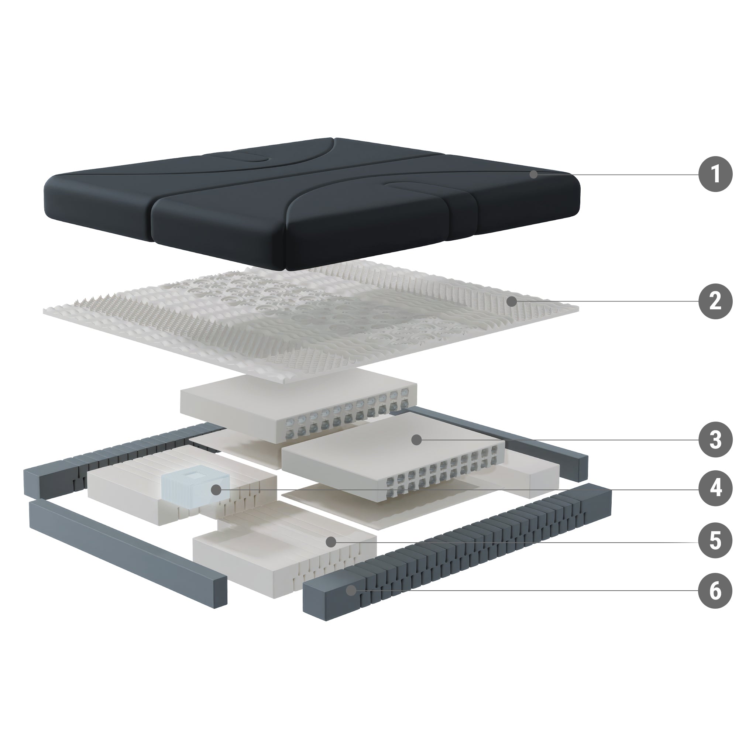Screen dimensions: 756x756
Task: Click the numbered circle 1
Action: (x=715, y=174)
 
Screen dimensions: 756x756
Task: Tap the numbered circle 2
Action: (x=715, y=301)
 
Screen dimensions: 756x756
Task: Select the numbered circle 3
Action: (x=715, y=440)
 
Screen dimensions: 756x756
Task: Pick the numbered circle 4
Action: (x=715, y=489)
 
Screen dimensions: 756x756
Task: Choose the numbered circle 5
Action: (x=715, y=542)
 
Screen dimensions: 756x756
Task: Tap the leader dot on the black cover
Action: (x=534, y=175)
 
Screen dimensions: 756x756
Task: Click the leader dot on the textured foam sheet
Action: (x=511, y=301)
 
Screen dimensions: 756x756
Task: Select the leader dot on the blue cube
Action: (x=215, y=489)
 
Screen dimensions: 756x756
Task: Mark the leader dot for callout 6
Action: (x=352, y=591)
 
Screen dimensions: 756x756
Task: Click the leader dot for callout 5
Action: (x=331, y=542)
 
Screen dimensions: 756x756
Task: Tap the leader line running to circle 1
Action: (x=616, y=175)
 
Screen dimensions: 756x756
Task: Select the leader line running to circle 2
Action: (x=605, y=301)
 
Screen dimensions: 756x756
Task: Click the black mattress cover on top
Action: (x=311, y=203)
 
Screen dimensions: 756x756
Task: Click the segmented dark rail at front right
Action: (x=457, y=552)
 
